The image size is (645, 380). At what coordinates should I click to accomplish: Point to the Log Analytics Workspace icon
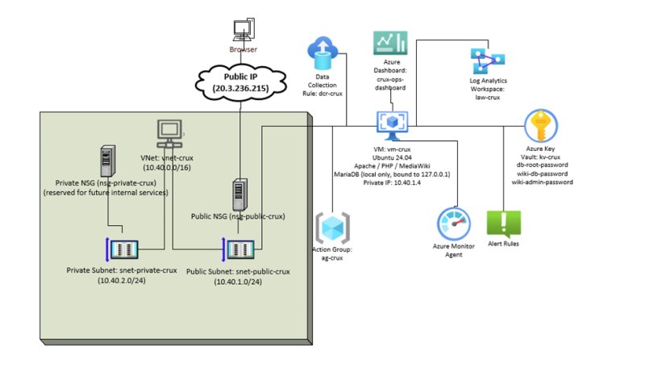(x=487, y=62)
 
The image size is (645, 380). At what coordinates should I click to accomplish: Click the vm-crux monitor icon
(x=393, y=122)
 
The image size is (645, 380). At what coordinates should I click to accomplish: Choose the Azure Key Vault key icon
(x=539, y=127)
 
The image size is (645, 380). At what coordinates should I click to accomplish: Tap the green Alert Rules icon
(x=504, y=223)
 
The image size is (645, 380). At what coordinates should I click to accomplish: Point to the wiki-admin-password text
(x=542, y=182)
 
